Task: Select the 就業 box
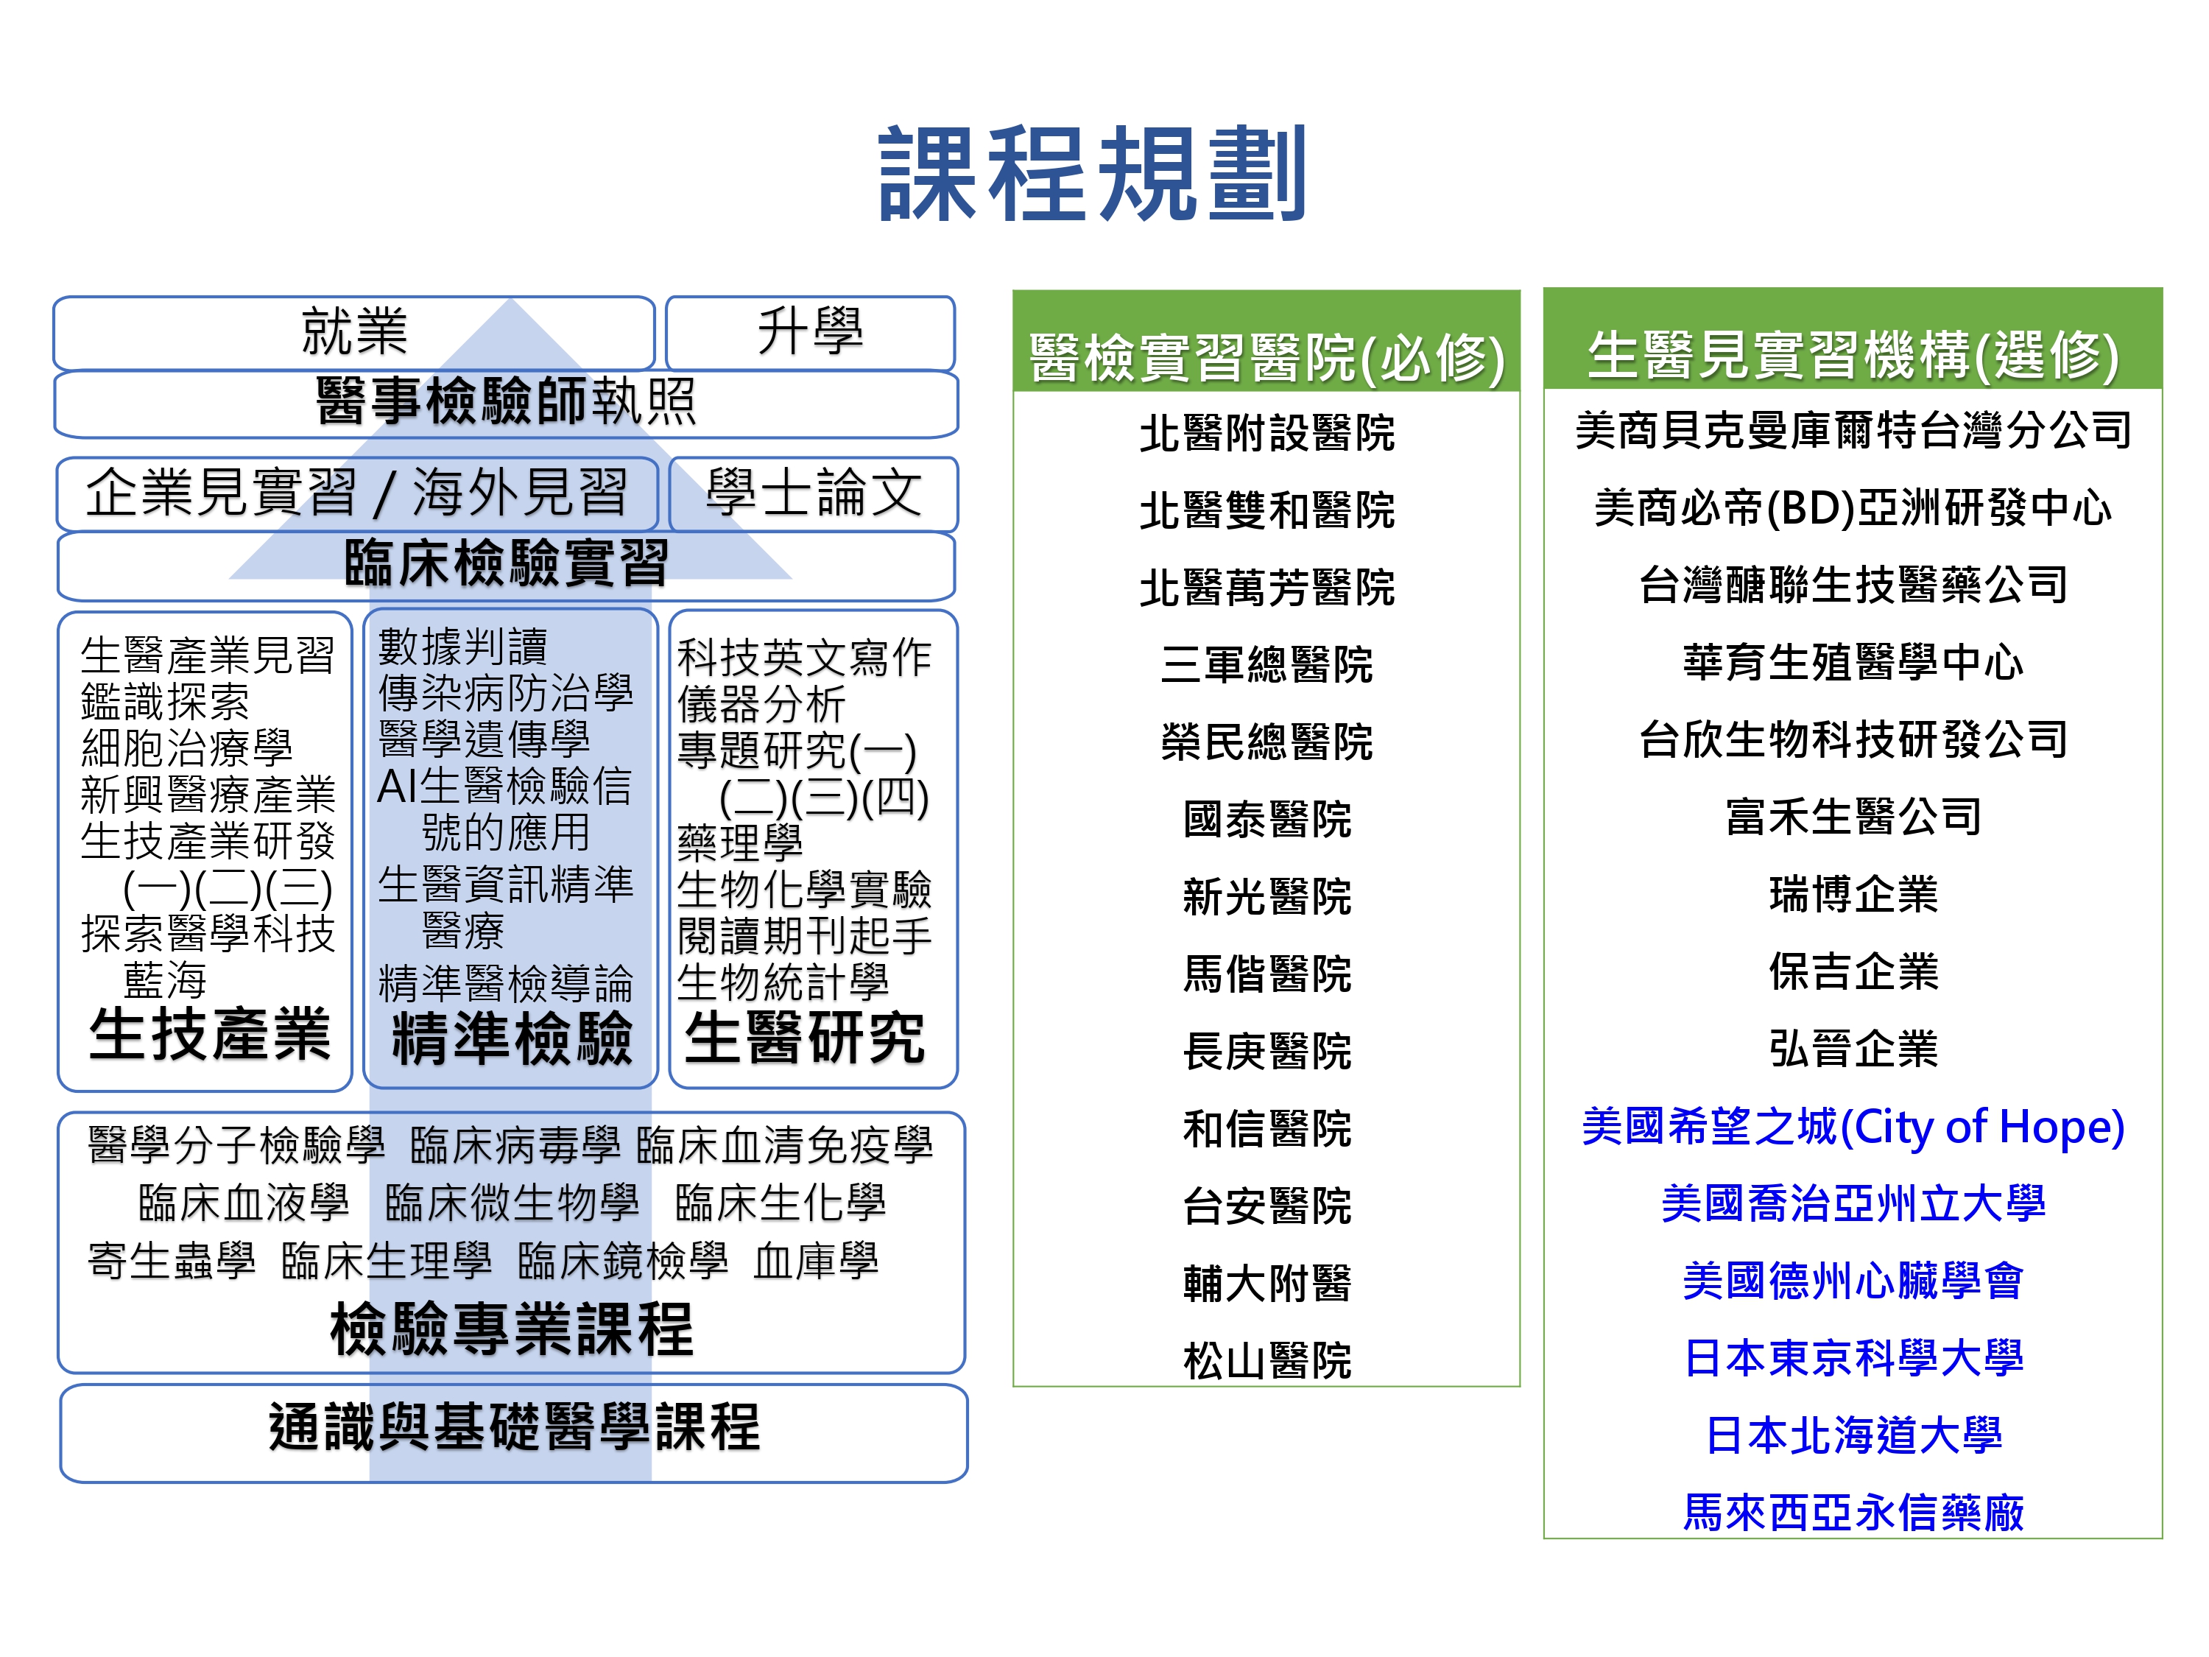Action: pos(354,333)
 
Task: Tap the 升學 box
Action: pos(810,333)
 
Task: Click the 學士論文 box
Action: pos(813,493)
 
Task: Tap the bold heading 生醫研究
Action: pos(804,1038)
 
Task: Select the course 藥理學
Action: pos(740,842)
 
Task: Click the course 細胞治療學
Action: pos(187,747)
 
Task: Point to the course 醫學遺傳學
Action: pos(485,739)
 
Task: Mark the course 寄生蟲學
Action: pos(172,1261)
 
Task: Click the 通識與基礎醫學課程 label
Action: pos(514,1427)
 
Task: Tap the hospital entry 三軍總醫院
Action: pos(1267,664)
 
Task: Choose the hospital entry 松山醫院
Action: pos(1267,1360)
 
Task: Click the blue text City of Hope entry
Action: pos(1853,1127)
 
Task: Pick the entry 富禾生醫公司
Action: pos(1853,816)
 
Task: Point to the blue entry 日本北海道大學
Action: pos(1853,1435)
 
